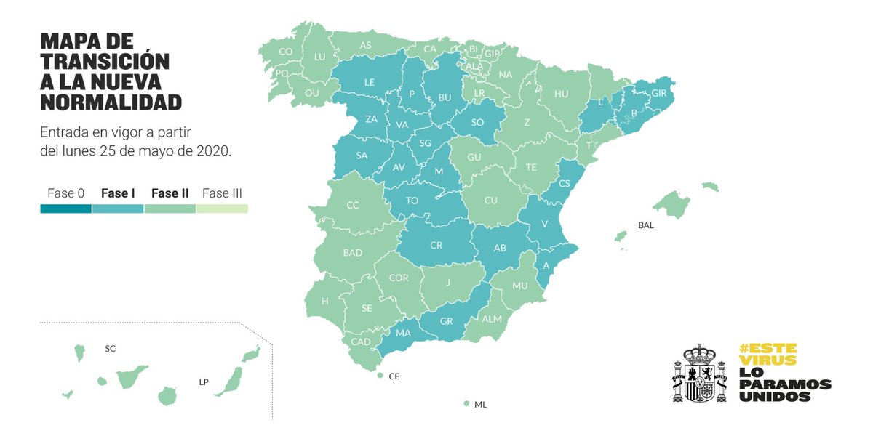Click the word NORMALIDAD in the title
click(x=111, y=102)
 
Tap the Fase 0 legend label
click(x=66, y=193)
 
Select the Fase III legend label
click(x=222, y=193)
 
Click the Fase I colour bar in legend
click(x=118, y=209)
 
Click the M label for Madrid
click(x=438, y=171)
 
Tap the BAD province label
click(x=353, y=253)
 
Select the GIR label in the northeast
click(x=658, y=93)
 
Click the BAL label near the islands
click(x=645, y=225)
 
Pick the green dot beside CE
click(x=380, y=376)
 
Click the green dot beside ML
click(x=466, y=404)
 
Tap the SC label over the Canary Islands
click(x=110, y=349)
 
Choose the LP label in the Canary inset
click(x=204, y=381)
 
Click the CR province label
click(x=436, y=246)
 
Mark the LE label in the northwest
click(x=369, y=83)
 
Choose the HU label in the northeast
click(x=561, y=94)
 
